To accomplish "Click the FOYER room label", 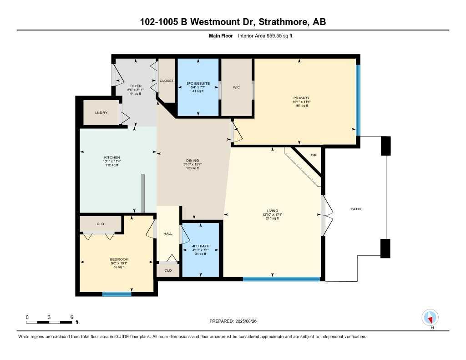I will point(135,86).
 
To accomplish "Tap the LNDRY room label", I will point(101,112).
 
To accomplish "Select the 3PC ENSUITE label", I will point(198,84).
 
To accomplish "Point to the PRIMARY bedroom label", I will point(301,98).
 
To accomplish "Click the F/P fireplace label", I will point(313,156).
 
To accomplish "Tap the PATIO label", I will point(356,209).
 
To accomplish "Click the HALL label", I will point(167,234).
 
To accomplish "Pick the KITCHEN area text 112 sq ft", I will point(111,165).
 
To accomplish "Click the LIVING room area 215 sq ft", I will point(272,218).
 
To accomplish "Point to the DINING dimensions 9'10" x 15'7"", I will point(192,164).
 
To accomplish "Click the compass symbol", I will point(430,317).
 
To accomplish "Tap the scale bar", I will point(49,322).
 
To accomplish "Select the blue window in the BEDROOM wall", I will point(117,294).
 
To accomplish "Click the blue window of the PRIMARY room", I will point(358,100).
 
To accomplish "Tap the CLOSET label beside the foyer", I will point(166,81).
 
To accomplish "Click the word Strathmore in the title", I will point(285,22).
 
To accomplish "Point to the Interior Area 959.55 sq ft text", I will point(265,35).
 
